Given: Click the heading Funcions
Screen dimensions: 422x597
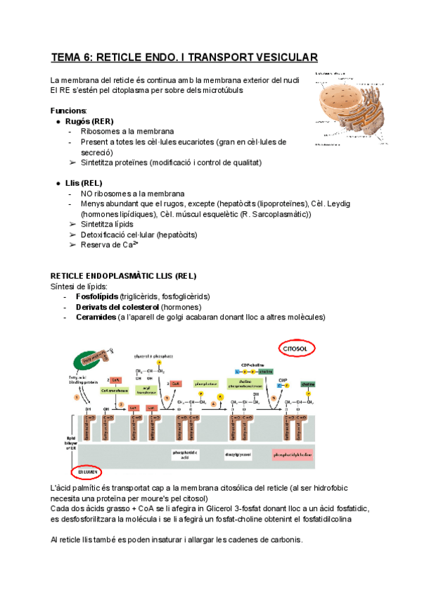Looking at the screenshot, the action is click(x=69, y=111).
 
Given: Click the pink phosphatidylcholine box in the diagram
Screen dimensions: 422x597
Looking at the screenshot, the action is click(x=290, y=455).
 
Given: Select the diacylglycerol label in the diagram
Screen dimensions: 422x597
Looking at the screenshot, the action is click(x=237, y=455).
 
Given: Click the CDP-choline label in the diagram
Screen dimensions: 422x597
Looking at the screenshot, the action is click(x=249, y=356).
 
